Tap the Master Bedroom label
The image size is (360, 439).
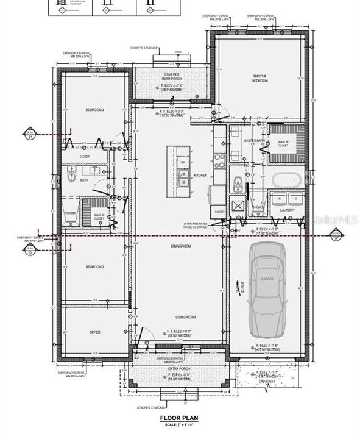coord(261,79)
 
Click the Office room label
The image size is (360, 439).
coord(94,332)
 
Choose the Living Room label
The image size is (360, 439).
coord(186,317)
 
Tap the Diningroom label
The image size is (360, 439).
coord(181,246)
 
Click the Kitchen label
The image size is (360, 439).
coord(200,176)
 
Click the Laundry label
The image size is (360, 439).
coord(288,210)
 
